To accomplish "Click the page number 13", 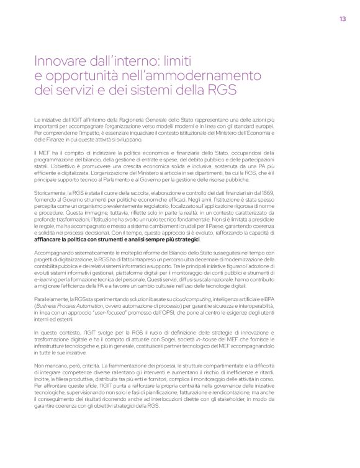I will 343,18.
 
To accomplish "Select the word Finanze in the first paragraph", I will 58,140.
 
